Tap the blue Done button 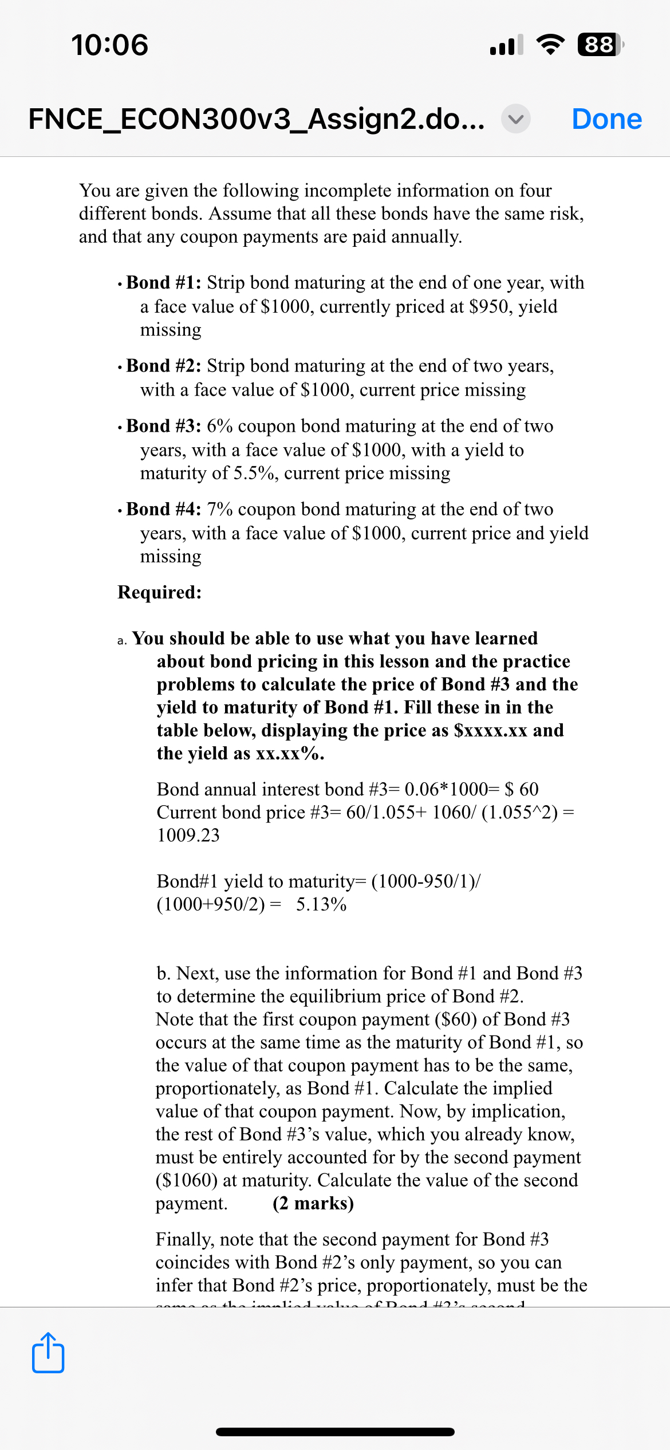click(606, 119)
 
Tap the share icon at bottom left click(48, 1353)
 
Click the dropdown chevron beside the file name click(515, 119)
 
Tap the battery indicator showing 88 click(600, 45)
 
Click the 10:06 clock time click(110, 45)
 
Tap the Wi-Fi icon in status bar click(550, 45)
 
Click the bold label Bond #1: click(163, 282)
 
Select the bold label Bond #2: click(163, 365)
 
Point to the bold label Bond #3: click(163, 425)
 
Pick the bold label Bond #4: click(163, 509)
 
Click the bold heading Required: click(159, 592)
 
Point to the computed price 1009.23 click(188, 835)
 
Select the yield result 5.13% click(321, 904)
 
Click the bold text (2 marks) click(313, 1203)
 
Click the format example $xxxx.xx click(490, 730)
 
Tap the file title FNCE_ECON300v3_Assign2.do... click(257, 119)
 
